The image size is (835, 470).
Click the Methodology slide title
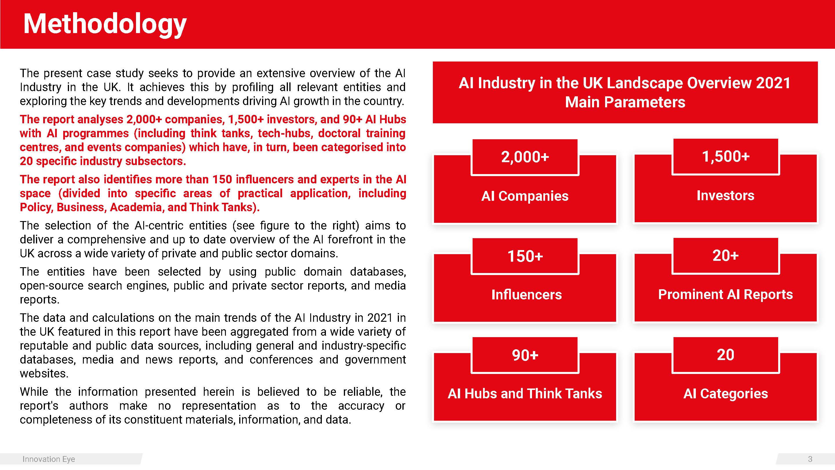[x=105, y=24]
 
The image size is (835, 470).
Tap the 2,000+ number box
[x=525, y=157]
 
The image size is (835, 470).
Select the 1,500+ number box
[x=725, y=156]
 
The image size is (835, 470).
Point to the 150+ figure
[x=525, y=256]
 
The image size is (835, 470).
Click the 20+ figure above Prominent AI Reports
[x=725, y=256]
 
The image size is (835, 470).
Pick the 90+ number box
[x=525, y=355]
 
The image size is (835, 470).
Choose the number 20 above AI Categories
[x=725, y=355]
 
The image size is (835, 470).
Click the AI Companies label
[x=525, y=196]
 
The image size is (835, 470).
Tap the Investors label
[x=725, y=195]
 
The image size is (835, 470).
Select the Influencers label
[x=527, y=294]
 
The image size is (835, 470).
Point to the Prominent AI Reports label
[x=725, y=294]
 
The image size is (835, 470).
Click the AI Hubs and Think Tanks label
[x=525, y=393]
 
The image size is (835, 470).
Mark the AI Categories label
[x=725, y=393]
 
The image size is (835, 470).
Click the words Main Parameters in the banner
[x=625, y=102]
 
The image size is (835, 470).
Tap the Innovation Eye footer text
[x=49, y=459]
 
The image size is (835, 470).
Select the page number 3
[x=810, y=459]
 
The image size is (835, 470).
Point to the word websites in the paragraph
[x=44, y=374]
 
